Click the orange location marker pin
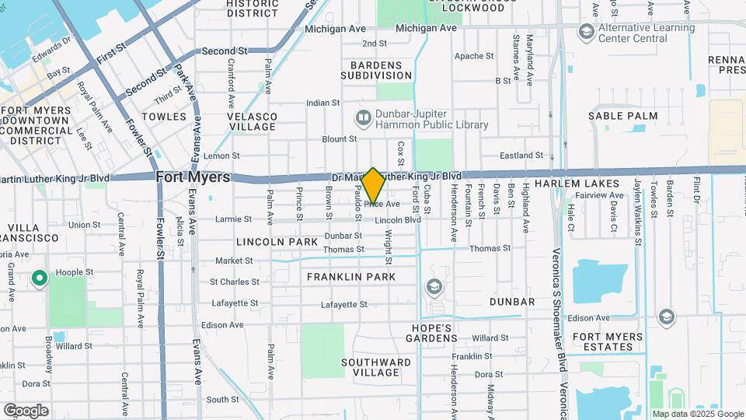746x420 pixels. click(373, 186)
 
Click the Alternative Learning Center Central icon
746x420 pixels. click(586, 33)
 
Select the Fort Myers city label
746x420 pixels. click(193, 177)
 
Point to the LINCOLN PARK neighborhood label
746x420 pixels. click(277, 242)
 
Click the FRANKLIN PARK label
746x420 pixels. click(351, 277)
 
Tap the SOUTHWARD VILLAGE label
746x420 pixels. click(377, 367)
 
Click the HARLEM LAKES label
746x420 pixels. click(588, 184)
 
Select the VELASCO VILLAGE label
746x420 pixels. click(252, 121)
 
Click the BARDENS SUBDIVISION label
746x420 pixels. click(376, 70)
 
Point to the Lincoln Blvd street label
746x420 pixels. click(397, 221)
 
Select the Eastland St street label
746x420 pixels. click(521, 156)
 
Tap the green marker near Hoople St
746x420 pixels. click(39, 277)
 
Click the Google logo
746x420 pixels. click(26, 410)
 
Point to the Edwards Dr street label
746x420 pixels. click(50, 58)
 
